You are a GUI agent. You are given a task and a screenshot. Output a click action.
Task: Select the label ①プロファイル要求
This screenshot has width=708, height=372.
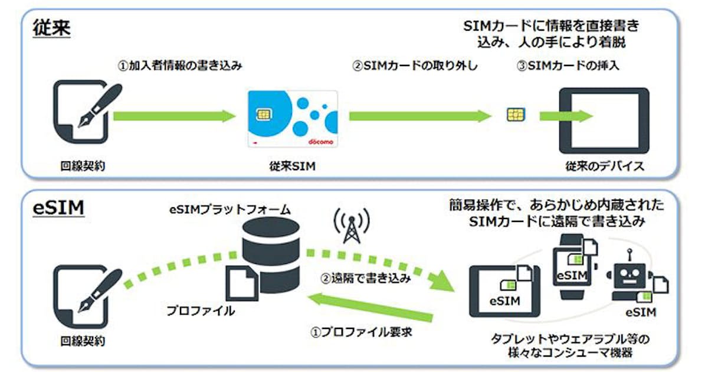[x=361, y=331]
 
